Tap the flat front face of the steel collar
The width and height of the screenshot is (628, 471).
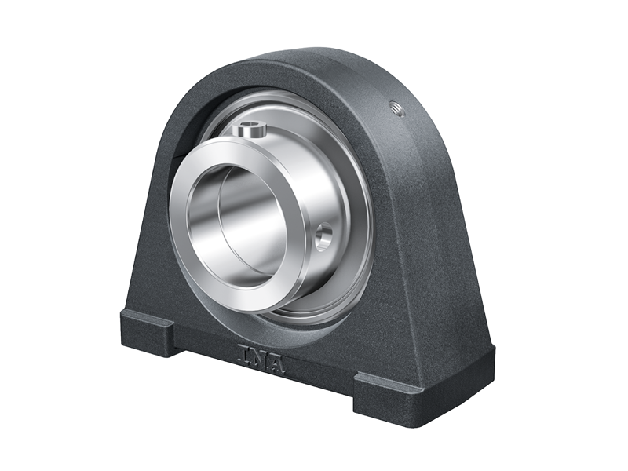188,235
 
